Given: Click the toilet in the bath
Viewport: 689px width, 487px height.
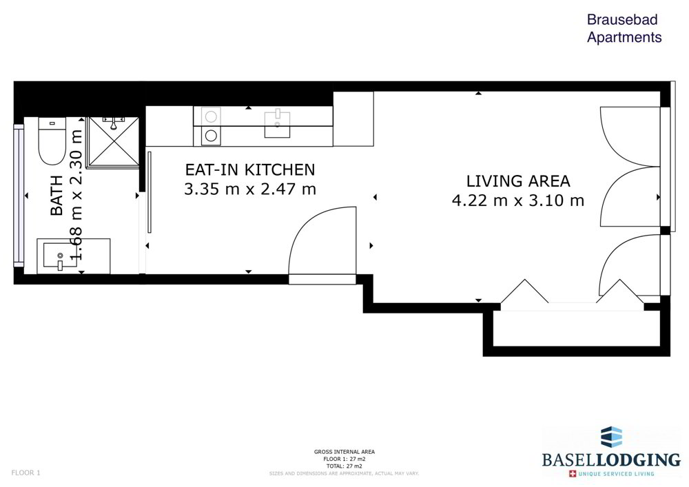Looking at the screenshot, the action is point(52,141).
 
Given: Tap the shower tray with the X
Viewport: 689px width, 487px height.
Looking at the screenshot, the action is point(114,142).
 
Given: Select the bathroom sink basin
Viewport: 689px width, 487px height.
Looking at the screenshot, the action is point(60,256).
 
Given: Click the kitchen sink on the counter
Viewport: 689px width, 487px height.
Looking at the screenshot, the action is point(277,124).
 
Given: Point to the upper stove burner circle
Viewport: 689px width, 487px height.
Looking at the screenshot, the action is point(211,117).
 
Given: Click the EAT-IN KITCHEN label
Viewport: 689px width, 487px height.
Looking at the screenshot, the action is point(250,169).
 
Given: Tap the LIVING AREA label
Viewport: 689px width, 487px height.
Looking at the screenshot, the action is point(518,181).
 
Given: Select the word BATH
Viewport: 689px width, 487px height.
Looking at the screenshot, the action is point(56,196).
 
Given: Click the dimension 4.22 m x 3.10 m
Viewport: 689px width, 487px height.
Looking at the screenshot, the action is point(518,200).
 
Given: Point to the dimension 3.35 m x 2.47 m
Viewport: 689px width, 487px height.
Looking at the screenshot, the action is point(250,189).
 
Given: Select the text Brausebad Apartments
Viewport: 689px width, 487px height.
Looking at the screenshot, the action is point(624,28).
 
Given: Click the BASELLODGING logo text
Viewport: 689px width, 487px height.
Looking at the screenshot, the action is point(611,459).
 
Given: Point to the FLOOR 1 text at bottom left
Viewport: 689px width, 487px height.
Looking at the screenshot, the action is point(25,473).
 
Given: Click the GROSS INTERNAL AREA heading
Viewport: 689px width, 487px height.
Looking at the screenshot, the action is point(344,452).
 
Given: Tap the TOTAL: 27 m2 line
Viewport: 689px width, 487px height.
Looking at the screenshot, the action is point(344,466).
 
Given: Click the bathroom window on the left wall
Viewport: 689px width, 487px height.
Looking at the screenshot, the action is point(19,195).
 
